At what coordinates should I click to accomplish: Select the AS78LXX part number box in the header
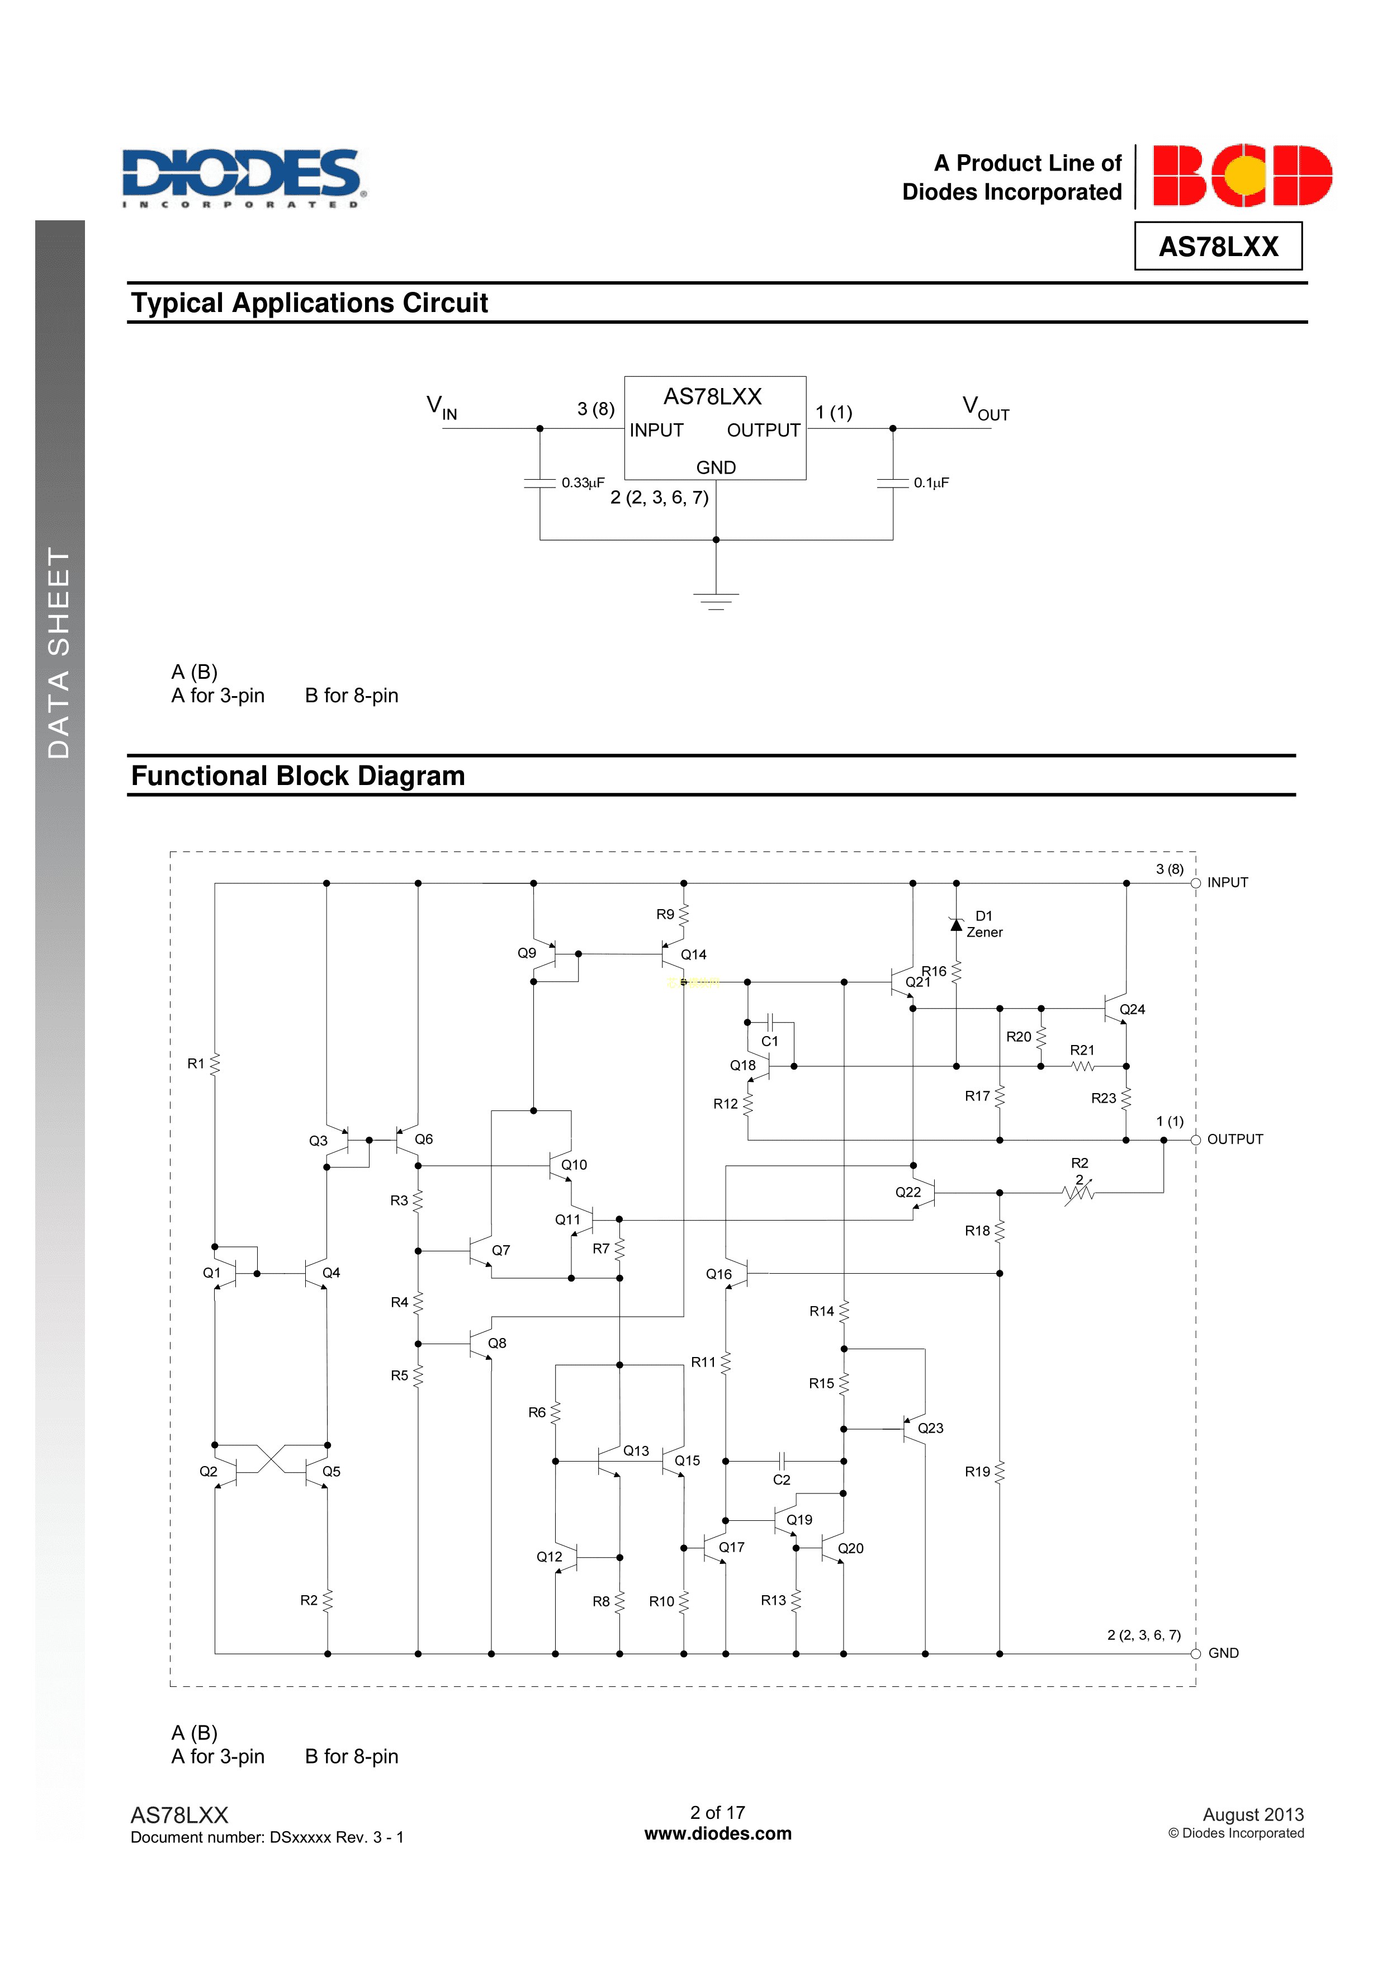tap(1218, 246)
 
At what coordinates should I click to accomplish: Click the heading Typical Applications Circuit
tap(309, 304)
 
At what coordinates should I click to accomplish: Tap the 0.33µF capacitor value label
tap(583, 483)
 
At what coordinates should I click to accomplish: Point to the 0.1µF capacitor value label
tap(931, 483)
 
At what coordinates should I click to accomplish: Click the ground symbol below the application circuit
tap(716, 600)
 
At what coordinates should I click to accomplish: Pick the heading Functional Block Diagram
tap(297, 776)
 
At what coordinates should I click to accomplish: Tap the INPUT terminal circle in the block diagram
tap(1196, 883)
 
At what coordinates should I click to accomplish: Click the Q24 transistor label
tap(1132, 1009)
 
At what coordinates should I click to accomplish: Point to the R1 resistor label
tap(196, 1064)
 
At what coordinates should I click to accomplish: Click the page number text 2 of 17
tap(717, 1813)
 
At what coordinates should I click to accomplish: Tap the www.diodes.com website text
tap(717, 1834)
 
